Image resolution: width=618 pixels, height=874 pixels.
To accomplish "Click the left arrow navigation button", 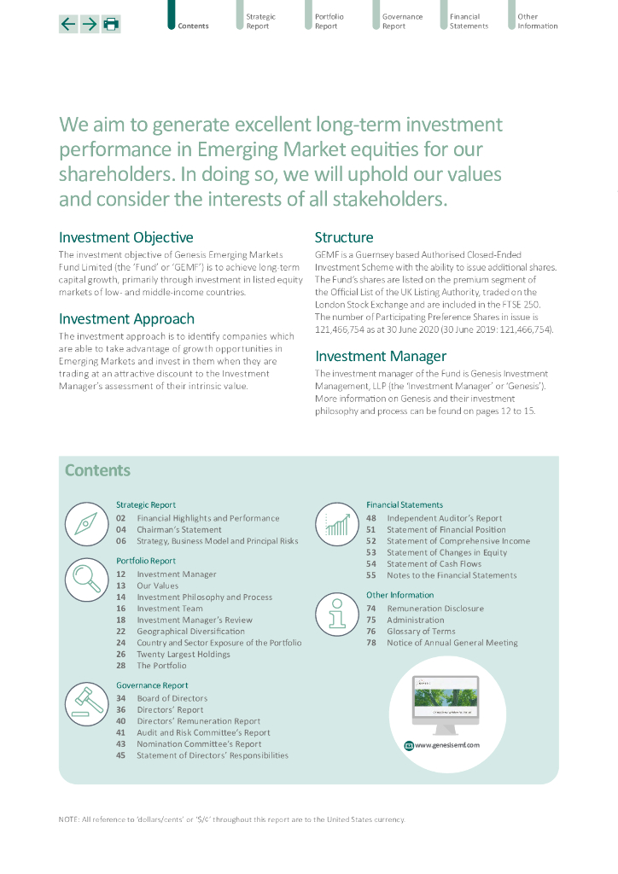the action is [x=68, y=24].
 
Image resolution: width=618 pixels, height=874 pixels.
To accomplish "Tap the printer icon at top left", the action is [x=111, y=24].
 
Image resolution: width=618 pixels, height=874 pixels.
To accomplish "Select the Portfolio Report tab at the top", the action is [x=329, y=21].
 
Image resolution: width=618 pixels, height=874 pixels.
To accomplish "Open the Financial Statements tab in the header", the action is [x=469, y=21].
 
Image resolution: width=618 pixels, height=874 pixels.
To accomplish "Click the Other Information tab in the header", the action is [x=537, y=21].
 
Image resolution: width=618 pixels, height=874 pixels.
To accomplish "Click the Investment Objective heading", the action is [x=125, y=237].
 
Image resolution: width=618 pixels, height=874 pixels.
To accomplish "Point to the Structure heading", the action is [x=343, y=237].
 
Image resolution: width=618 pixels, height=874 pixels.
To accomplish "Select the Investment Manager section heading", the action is [x=380, y=356].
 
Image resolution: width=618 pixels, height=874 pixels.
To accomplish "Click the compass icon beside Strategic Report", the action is [x=85, y=523].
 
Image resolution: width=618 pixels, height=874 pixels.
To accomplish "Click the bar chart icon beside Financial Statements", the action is [x=336, y=523].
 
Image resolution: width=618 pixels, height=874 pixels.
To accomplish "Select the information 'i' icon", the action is [x=336, y=613].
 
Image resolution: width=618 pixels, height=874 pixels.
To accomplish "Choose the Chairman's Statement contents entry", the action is [x=178, y=529].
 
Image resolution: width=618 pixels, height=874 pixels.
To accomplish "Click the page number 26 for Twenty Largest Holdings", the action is [x=120, y=654].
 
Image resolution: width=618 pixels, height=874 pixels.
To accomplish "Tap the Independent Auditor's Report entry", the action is [x=444, y=518].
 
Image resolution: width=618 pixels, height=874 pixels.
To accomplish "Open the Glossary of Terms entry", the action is [x=421, y=632].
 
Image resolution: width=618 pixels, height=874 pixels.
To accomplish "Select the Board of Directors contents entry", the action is [x=172, y=698].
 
